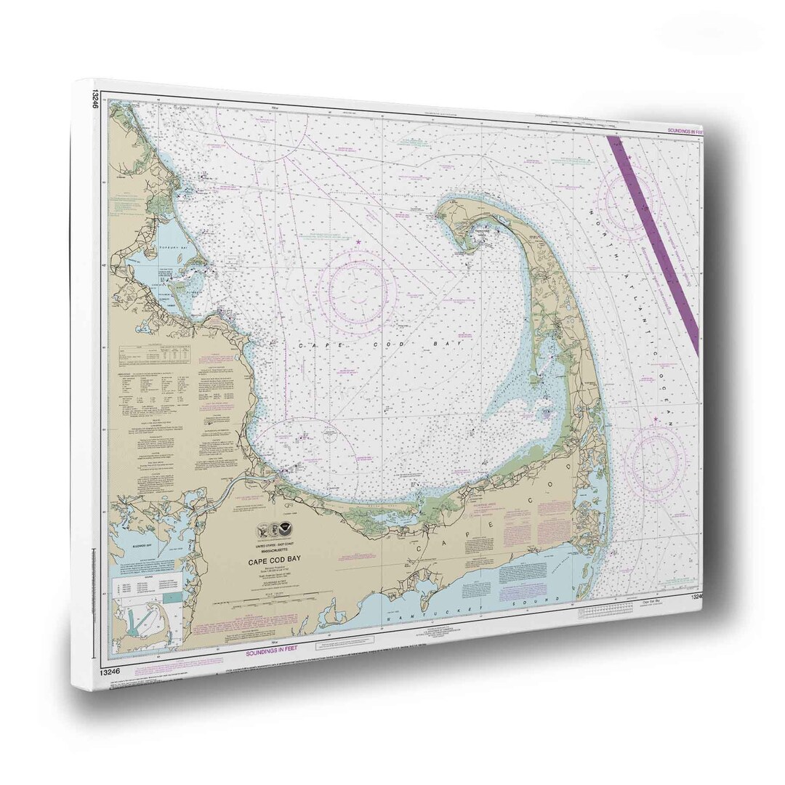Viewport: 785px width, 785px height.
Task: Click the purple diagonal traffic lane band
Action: pos(654,240)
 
